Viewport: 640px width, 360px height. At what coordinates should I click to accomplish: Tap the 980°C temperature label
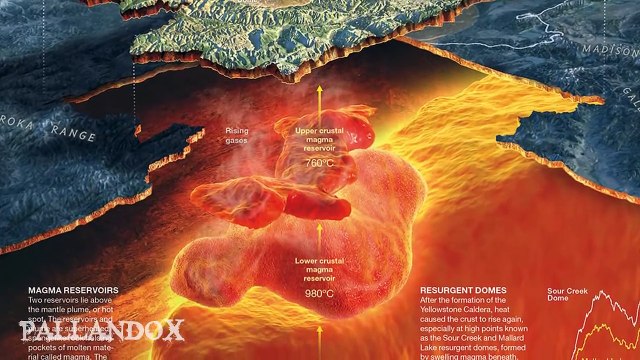tap(320, 294)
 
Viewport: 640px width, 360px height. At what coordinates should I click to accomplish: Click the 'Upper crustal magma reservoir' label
tap(320, 140)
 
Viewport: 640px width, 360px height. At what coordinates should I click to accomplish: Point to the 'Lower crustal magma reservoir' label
tap(320, 270)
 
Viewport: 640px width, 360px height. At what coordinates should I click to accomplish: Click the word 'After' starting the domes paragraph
tap(433, 300)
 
